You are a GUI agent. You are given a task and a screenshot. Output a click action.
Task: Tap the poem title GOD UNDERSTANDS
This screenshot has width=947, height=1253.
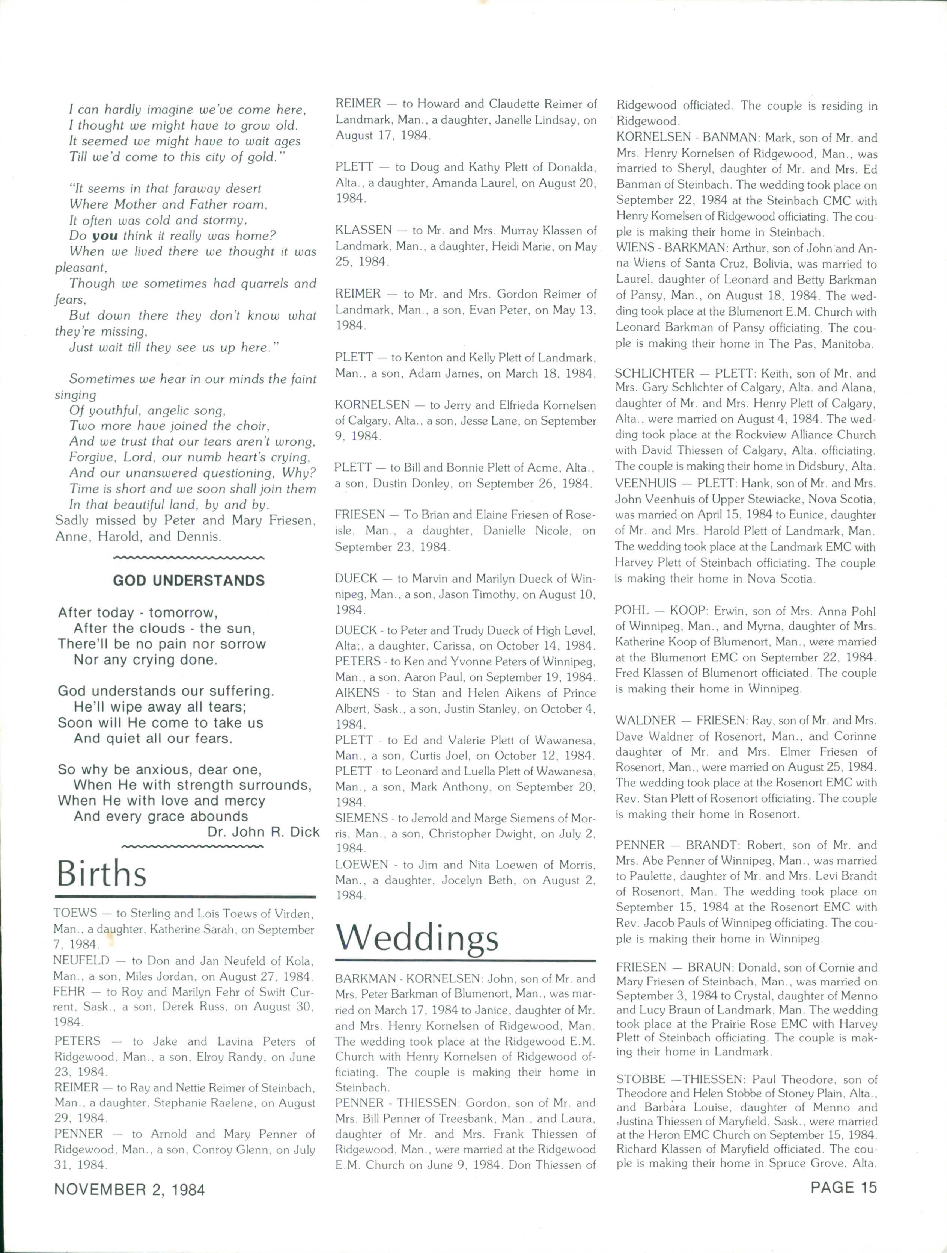point(189,580)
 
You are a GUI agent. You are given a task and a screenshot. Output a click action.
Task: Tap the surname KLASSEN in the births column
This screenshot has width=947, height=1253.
point(363,230)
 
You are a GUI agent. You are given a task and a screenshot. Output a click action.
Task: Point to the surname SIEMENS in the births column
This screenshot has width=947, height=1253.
point(361,818)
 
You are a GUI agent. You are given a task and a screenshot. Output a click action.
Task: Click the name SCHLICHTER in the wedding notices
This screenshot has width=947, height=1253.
point(654,373)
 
